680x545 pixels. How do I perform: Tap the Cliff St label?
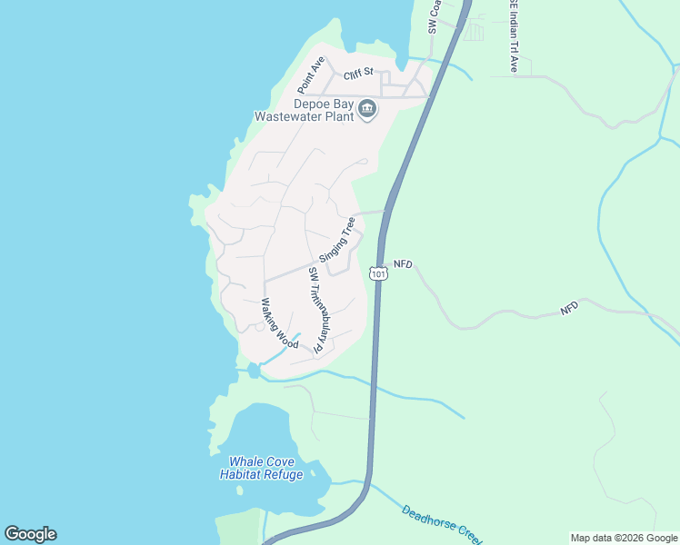coord(359,76)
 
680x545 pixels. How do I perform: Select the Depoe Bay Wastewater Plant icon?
coord(367,109)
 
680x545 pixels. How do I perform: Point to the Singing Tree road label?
coord(337,237)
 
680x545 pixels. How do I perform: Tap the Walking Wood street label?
coord(280,323)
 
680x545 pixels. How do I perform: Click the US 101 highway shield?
coord(379,272)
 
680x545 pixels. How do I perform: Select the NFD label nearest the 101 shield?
coord(403,264)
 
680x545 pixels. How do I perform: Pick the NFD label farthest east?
coord(569,309)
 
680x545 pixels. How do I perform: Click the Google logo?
coord(30,534)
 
